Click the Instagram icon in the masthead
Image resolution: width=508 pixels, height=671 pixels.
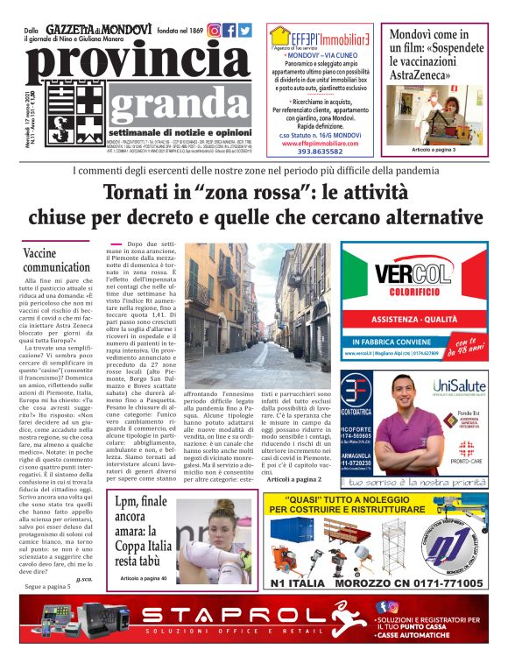click(x=214, y=30)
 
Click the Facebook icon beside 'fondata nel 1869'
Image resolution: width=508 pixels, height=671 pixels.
click(x=229, y=30)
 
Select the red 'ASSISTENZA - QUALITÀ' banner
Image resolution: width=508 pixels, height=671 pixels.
click(x=413, y=320)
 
